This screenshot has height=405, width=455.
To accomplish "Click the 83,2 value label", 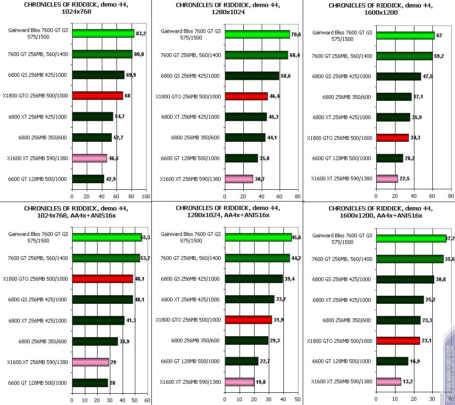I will click(141, 34).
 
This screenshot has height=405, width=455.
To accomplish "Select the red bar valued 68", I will click(97, 96).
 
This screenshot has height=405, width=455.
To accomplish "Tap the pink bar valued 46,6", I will click(90, 158).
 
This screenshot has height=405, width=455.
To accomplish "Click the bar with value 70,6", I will click(257, 34).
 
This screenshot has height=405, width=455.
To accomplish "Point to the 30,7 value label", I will click(261, 179).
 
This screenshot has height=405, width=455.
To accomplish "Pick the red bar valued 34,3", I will click(392, 138).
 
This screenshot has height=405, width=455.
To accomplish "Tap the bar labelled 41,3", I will click(98, 320).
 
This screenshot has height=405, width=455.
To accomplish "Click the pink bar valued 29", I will click(90, 362).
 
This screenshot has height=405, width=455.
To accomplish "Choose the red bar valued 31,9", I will click(248, 320).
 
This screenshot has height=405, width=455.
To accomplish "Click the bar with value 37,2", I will click(411, 238).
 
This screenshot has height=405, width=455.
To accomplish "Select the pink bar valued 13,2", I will click(389, 381).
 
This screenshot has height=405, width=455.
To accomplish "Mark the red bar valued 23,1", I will click(398, 340).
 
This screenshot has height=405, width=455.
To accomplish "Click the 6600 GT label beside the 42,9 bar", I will click(37, 179).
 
